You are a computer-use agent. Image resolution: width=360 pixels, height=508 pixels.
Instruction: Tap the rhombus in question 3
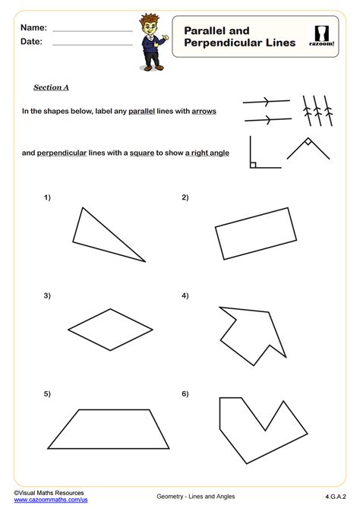point(111,330)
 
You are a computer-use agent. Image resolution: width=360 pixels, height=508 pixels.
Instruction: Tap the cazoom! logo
point(325,36)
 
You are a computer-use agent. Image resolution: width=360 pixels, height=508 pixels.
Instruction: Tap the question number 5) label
point(47,394)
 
